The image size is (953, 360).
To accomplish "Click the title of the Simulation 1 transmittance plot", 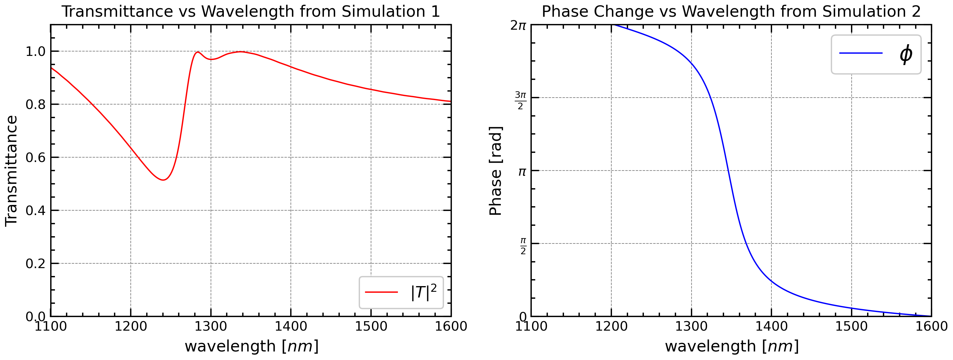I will tap(250, 11).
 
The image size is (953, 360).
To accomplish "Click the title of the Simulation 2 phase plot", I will tap(731, 11).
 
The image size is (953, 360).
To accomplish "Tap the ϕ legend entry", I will tap(876, 54).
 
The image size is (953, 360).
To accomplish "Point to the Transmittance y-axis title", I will tap(11, 170).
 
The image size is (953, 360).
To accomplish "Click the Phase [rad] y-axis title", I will tap(495, 171).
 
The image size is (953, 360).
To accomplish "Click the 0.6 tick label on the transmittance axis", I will tap(35, 158).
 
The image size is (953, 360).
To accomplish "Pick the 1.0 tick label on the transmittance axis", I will tap(35, 51).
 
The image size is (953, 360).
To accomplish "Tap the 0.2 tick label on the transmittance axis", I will tap(35, 264).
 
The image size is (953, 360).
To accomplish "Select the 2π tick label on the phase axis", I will tap(518, 26).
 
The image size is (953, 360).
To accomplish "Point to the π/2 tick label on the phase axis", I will tap(523, 246).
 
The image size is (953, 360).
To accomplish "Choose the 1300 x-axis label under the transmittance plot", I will tap(211, 326).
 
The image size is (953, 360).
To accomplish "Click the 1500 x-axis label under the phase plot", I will tap(851, 326).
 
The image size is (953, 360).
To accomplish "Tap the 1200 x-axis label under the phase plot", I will tap(611, 326).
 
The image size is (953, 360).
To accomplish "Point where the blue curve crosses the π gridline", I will tap(728, 171).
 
